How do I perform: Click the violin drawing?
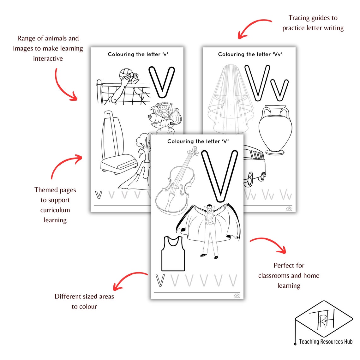click(176, 181)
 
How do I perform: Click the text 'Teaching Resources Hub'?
click(326, 341)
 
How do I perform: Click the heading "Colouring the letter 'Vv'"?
click(250, 54)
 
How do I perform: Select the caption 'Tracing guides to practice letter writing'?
click(313, 23)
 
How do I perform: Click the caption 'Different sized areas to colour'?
click(84, 301)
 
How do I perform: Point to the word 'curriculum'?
click(55, 210)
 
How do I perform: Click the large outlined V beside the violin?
click(219, 175)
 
